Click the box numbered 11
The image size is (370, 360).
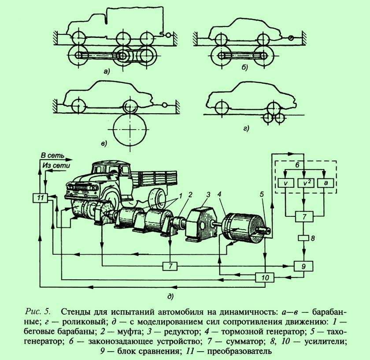[40, 197]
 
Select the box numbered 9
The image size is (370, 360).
[303, 266]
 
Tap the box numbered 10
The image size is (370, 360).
[265, 277]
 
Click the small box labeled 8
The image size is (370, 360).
[303, 238]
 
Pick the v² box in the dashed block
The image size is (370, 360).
[306, 183]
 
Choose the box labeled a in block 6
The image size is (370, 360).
[326, 183]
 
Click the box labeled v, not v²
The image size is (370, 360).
[286, 183]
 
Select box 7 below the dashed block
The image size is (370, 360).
[304, 216]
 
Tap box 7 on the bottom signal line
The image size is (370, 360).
[170, 266]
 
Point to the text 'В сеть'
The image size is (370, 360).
[52, 156]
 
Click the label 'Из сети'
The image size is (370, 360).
[56, 165]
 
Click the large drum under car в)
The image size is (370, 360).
[130, 130]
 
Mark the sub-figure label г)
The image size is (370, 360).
[246, 129]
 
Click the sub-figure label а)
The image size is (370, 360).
[107, 71]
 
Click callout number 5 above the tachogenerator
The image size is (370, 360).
[262, 194]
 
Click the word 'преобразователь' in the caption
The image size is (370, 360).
[240, 351]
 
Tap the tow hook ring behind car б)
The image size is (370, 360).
[292, 38]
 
